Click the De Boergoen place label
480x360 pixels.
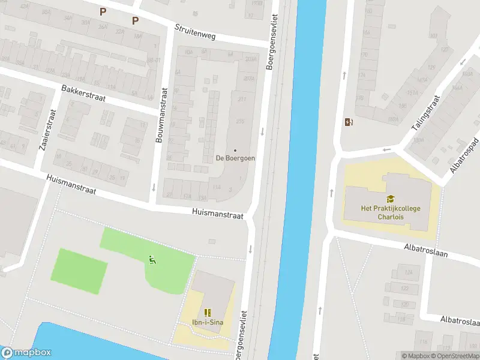tap(235, 158)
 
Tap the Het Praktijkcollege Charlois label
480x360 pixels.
tap(391, 212)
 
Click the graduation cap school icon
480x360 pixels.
tap(391, 198)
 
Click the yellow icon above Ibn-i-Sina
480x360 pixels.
tap(208, 312)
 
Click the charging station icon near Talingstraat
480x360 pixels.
tap(349, 122)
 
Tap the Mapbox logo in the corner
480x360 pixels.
tap(26, 353)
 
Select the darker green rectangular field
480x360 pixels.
tap(81, 271)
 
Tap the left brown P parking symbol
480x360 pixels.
tap(103, 11)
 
